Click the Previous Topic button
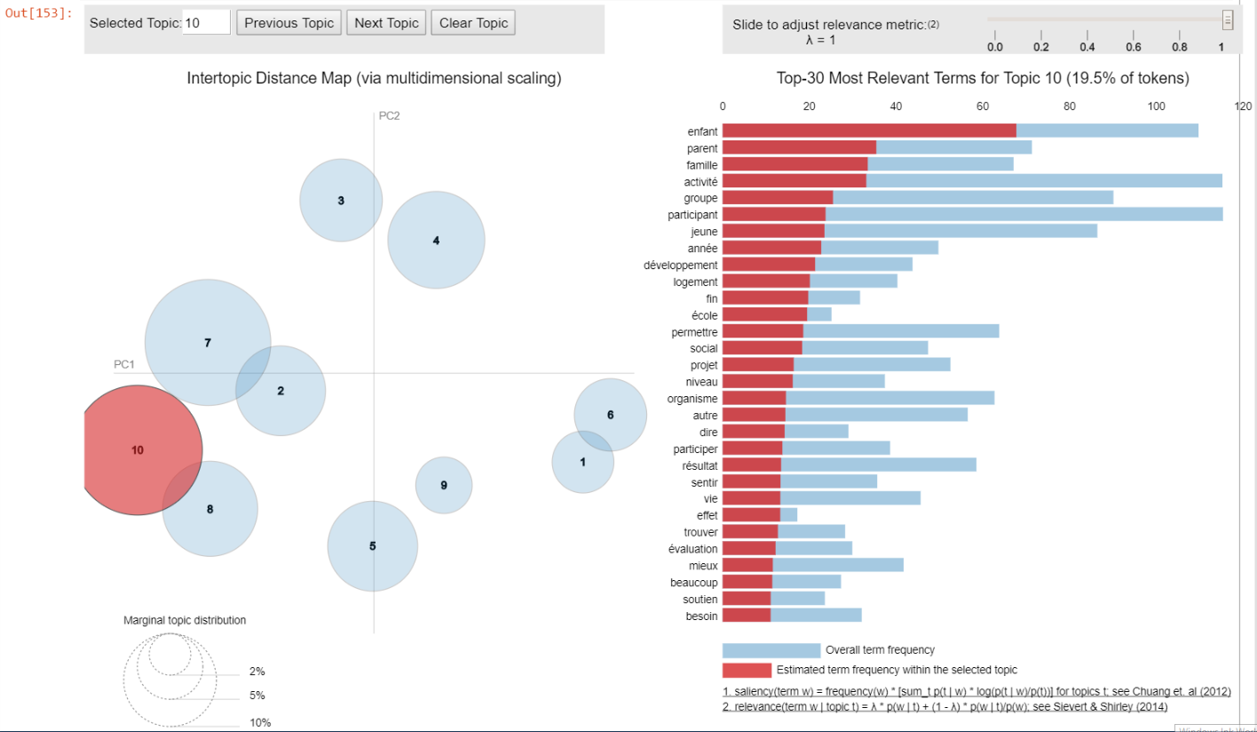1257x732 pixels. point(289,23)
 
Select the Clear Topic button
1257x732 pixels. point(474,23)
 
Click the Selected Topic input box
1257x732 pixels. point(207,23)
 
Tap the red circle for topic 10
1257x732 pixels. point(137,450)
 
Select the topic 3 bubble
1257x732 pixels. point(341,201)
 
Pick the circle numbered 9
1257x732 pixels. point(444,485)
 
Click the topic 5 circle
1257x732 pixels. point(373,546)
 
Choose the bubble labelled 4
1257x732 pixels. point(436,241)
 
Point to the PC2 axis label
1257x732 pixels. point(389,116)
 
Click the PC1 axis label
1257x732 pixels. point(123,364)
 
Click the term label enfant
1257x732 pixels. point(702,131)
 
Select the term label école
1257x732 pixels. point(704,315)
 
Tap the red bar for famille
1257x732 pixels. point(795,164)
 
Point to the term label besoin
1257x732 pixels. point(701,616)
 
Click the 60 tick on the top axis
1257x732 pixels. point(983,107)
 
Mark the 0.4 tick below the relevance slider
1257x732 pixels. point(1087,47)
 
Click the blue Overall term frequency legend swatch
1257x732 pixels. point(771,650)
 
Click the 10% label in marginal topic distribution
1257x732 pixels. point(260,723)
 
